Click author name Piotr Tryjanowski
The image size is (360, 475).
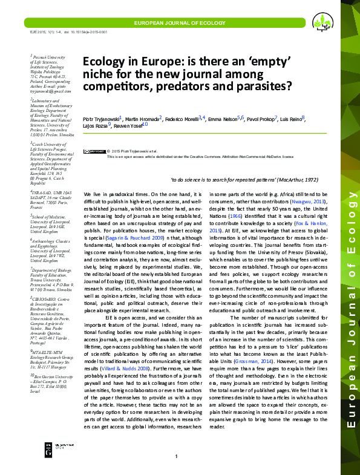[x=101, y=119]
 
